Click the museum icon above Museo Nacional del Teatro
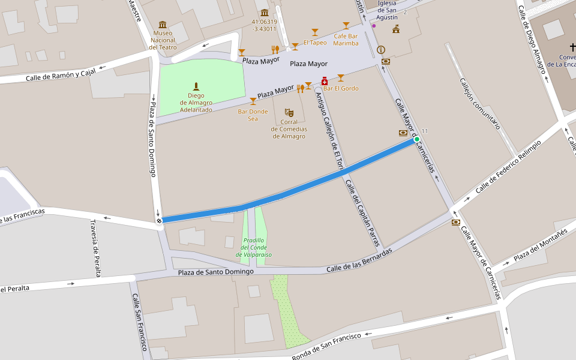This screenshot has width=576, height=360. click(163, 25)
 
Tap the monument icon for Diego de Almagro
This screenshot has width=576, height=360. click(196, 86)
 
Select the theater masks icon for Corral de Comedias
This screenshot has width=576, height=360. click(289, 112)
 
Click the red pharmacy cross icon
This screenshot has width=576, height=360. click(325, 80)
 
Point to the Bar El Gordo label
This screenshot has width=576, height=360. click(341, 89)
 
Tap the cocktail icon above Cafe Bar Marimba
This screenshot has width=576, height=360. click(346, 25)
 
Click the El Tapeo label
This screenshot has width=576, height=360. click(315, 43)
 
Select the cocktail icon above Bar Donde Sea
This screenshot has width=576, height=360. click(253, 101)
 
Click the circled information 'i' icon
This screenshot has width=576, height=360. click(380, 50)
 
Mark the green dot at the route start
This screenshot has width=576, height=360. click(417, 139)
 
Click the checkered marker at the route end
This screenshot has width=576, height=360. click(159, 220)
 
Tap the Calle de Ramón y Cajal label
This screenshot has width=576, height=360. click(61, 76)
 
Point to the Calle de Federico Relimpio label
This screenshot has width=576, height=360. click(508, 167)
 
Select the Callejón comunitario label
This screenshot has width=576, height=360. click(479, 103)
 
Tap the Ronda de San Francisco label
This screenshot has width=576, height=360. click(326, 347)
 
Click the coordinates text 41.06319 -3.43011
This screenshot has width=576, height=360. click(264, 25)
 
